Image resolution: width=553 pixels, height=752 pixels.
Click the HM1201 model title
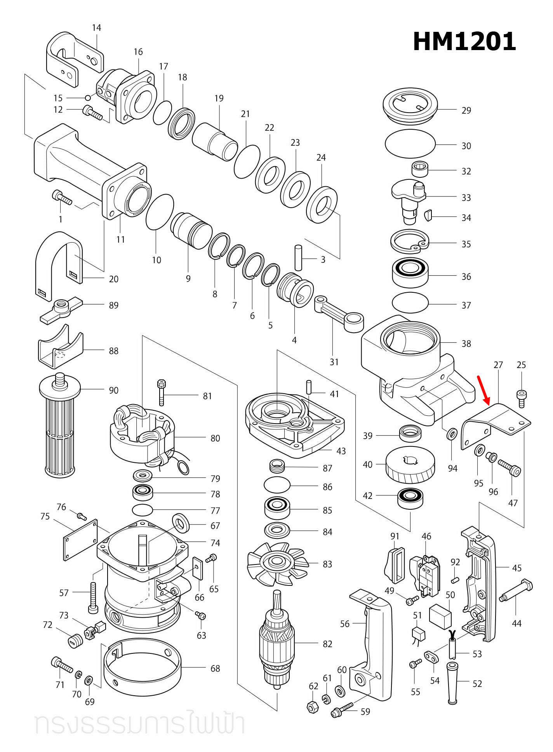[464, 42]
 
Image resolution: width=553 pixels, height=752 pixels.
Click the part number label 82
[327, 644]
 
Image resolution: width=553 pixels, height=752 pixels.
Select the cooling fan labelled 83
[276, 564]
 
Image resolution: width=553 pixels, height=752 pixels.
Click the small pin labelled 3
[298, 257]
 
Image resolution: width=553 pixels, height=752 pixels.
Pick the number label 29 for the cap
[466, 111]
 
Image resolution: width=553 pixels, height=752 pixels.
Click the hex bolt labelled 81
[162, 392]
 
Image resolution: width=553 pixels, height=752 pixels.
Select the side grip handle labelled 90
[60, 427]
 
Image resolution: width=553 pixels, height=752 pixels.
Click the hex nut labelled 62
[313, 707]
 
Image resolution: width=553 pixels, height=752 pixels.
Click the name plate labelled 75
[80, 540]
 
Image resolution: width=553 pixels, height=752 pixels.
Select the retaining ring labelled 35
[409, 241]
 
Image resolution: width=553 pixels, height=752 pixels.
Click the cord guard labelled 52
[452, 683]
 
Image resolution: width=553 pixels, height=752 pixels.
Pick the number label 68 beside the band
[215, 669]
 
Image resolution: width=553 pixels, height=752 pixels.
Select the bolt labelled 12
[92, 113]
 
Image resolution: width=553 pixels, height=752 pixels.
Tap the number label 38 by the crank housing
[466, 344]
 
